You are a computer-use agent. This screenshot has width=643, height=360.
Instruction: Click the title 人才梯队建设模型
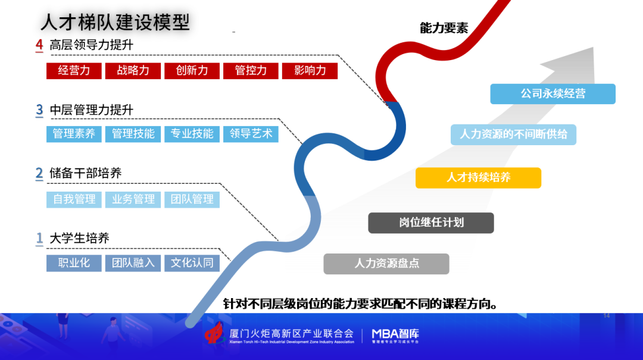pos(116,22)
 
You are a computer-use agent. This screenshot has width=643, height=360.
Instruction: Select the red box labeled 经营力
pos(74,71)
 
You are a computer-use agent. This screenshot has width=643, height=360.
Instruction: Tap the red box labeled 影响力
pos(310,71)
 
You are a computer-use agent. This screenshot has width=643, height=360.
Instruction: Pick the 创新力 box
pos(192,71)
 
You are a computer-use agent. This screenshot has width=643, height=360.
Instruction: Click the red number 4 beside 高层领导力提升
pos(39,45)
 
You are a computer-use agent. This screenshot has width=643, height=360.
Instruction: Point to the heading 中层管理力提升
pos(92,110)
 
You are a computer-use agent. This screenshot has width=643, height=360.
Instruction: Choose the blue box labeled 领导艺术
pos(251,134)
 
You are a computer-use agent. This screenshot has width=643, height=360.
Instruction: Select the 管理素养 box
pos(74,134)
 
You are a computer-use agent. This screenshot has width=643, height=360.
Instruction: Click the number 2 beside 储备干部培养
pos(39,173)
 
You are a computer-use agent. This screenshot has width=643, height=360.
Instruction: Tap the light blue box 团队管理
pos(192,200)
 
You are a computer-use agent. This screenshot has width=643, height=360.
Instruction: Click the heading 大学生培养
pos(80,238)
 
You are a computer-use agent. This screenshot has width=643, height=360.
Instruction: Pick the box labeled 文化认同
pos(192,263)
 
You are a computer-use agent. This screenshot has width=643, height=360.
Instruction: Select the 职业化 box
pos(74,263)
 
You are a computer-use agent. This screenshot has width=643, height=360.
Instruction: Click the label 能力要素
pos(444,28)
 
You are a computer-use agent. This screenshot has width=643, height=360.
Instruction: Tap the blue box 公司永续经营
pos(553,94)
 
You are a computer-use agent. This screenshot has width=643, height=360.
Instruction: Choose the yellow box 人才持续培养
pos(478,178)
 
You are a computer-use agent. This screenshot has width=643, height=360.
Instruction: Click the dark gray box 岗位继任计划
pos(431,223)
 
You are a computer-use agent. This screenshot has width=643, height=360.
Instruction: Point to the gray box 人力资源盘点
pos(386,264)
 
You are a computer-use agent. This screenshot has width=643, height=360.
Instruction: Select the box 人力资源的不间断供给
pos(513,134)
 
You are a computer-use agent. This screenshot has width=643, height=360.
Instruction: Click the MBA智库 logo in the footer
pos(395,336)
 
